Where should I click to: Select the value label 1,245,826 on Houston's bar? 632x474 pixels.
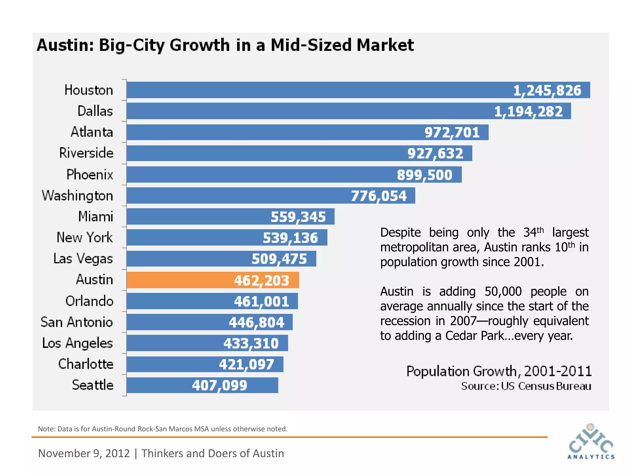click(547, 90)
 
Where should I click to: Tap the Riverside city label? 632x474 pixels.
click(86, 153)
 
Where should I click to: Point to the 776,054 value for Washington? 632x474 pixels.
click(379, 196)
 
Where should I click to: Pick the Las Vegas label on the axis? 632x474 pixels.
click(83, 259)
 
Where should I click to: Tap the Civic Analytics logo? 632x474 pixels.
click(591, 442)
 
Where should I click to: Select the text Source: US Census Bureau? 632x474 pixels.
click(526, 386)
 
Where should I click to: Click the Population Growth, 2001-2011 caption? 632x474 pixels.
click(499, 371)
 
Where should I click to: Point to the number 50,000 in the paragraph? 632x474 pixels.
click(503, 291)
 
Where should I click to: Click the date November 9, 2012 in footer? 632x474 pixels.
click(84, 453)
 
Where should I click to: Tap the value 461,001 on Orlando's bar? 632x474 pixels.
click(261, 301)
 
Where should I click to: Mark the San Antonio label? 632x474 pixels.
click(77, 322)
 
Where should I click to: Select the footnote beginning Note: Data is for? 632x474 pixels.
click(163, 429)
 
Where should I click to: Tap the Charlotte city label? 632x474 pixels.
click(86, 364)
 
